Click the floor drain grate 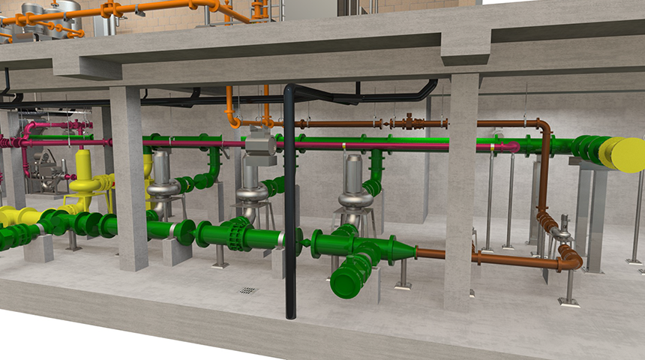pos(248,290)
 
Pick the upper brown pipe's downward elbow pos(542,127)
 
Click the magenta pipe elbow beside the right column pos(511,147)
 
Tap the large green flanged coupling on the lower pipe pos(238,233)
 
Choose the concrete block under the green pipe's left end pos(37,247)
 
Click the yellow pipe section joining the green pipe pos(19,217)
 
